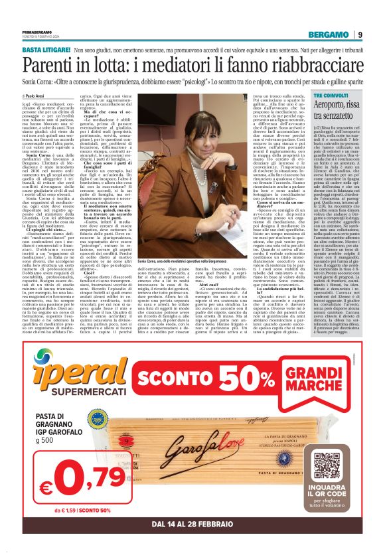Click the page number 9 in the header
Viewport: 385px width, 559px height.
coord(359,35)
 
